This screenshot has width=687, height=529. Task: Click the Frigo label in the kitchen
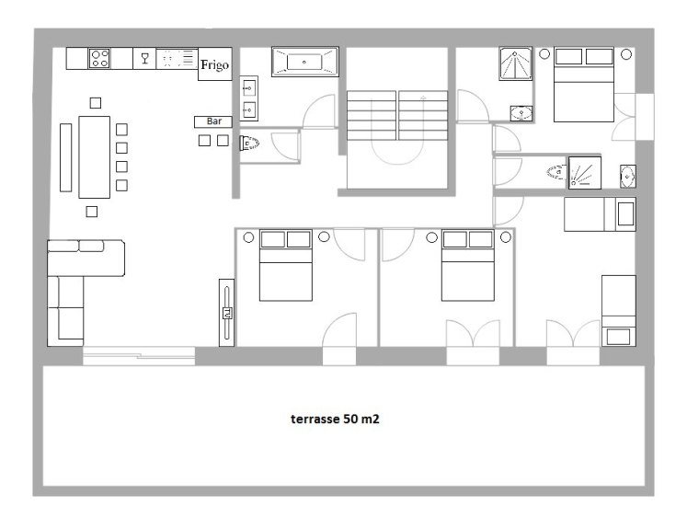pyautogui.click(x=214, y=65)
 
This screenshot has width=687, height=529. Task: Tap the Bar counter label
pyautogui.click(x=213, y=121)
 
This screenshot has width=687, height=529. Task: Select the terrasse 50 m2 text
pyautogui.click(x=335, y=419)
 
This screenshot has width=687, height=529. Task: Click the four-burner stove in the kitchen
pyautogui.click(x=99, y=58)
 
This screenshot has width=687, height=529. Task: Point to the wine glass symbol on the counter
pyautogui.click(x=145, y=58)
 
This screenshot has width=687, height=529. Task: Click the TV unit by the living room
pyautogui.click(x=226, y=313)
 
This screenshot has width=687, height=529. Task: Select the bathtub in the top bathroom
pyautogui.click(x=305, y=62)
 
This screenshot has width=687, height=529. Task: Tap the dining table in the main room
pyautogui.click(x=94, y=157)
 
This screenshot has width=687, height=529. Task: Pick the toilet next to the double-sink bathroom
pyautogui.click(x=249, y=143)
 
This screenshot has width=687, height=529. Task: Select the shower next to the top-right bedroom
pyautogui.click(x=516, y=63)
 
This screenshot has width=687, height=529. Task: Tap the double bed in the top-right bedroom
pyautogui.click(x=584, y=85)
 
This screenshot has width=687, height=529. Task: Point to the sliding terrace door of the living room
pyautogui.click(x=139, y=356)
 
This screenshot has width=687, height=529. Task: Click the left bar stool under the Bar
pyautogui.click(x=204, y=140)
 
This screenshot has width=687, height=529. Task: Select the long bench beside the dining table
pyautogui.click(x=65, y=157)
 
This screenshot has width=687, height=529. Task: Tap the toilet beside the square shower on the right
pyautogui.click(x=556, y=172)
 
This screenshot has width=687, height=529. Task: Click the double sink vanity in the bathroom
pyautogui.click(x=249, y=98)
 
